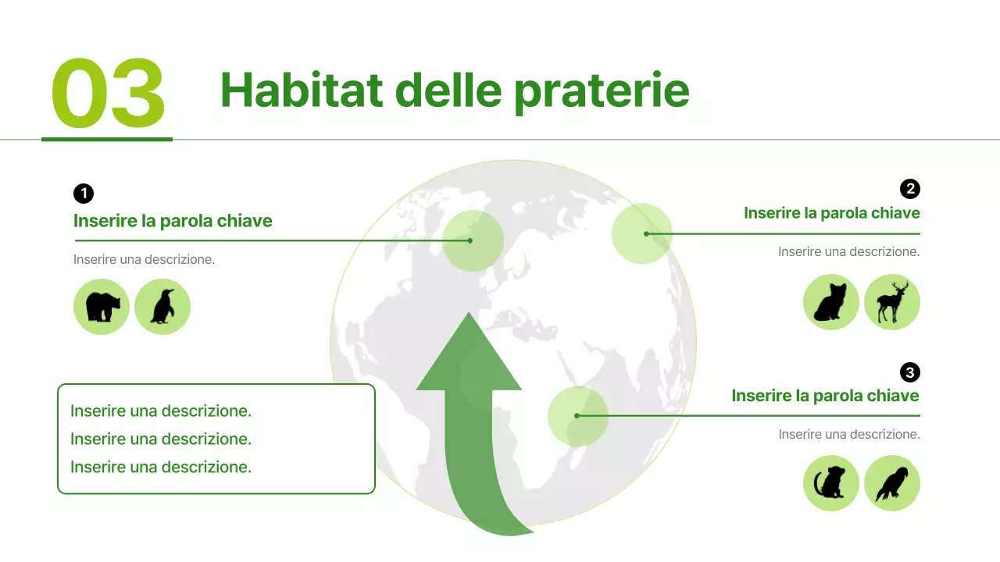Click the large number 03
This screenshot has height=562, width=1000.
pyautogui.click(x=108, y=94)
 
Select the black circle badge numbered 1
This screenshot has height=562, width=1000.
pyautogui.click(x=84, y=194)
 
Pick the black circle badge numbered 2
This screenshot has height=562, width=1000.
pyautogui.click(x=909, y=189)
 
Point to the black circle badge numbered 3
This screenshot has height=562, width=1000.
pyautogui.click(x=909, y=372)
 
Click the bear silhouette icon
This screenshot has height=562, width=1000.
pyautogui.click(x=102, y=307)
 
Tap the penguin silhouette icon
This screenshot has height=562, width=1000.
pyautogui.click(x=162, y=307)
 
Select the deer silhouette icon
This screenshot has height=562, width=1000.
pyautogui.click(x=892, y=302)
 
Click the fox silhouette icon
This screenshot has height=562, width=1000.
pyautogui.click(x=831, y=302)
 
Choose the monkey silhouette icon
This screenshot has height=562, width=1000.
pyautogui.click(x=831, y=484)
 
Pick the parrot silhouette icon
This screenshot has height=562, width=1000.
pyautogui.click(x=892, y=484)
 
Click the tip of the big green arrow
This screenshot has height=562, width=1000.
pyautogui.click(x=469, y=317)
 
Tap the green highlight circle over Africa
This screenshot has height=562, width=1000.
pyautogui.click(x=578, y=416)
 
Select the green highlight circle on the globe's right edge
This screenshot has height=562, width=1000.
pyautogui.click(x=642, y=233)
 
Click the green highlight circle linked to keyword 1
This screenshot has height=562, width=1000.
pyautogui.click(x=472, y=240)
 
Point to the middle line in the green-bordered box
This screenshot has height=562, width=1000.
pyautogui.click(x=161, y=439)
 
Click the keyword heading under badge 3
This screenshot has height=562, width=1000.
pyautogui.click(x=825, y=396)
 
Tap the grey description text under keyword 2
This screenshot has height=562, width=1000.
pyautogui.click(x=848, y=252)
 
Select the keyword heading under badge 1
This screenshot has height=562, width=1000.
pyautogui.click(x=173, y=221)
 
